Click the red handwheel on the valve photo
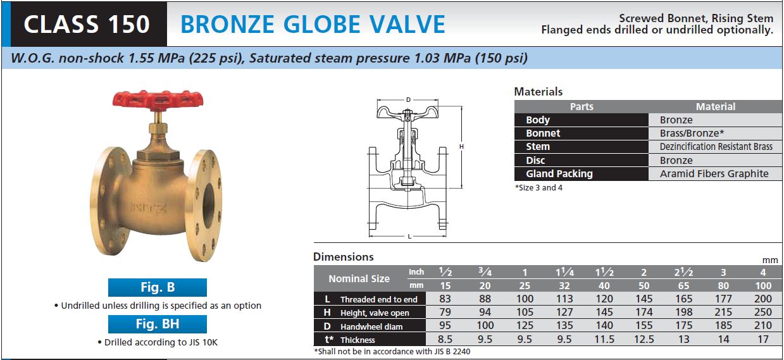(x=158, y=101)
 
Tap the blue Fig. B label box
(x=158, y=287)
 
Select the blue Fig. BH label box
(x=158, y=324)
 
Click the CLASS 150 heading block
(x=87, y=24)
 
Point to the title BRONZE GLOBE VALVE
(x=313, y=24)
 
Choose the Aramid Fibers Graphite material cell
(x=714, y=174)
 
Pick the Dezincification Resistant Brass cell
(x=716, y=147)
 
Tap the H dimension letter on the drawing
(x=461, y=147)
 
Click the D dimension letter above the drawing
(x=408, y=100)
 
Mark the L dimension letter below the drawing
(x=409, y=237)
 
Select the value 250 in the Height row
(x=763, y=312)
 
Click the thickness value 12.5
(x=644, y=339)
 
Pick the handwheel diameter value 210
(x=763, y=326)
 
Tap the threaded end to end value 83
(x=445, y=299)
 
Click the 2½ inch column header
(x=683, y=272)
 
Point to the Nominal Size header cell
(x=359, y=279)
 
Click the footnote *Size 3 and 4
(x=538, y=188)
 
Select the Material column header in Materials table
(x=716, y=107)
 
